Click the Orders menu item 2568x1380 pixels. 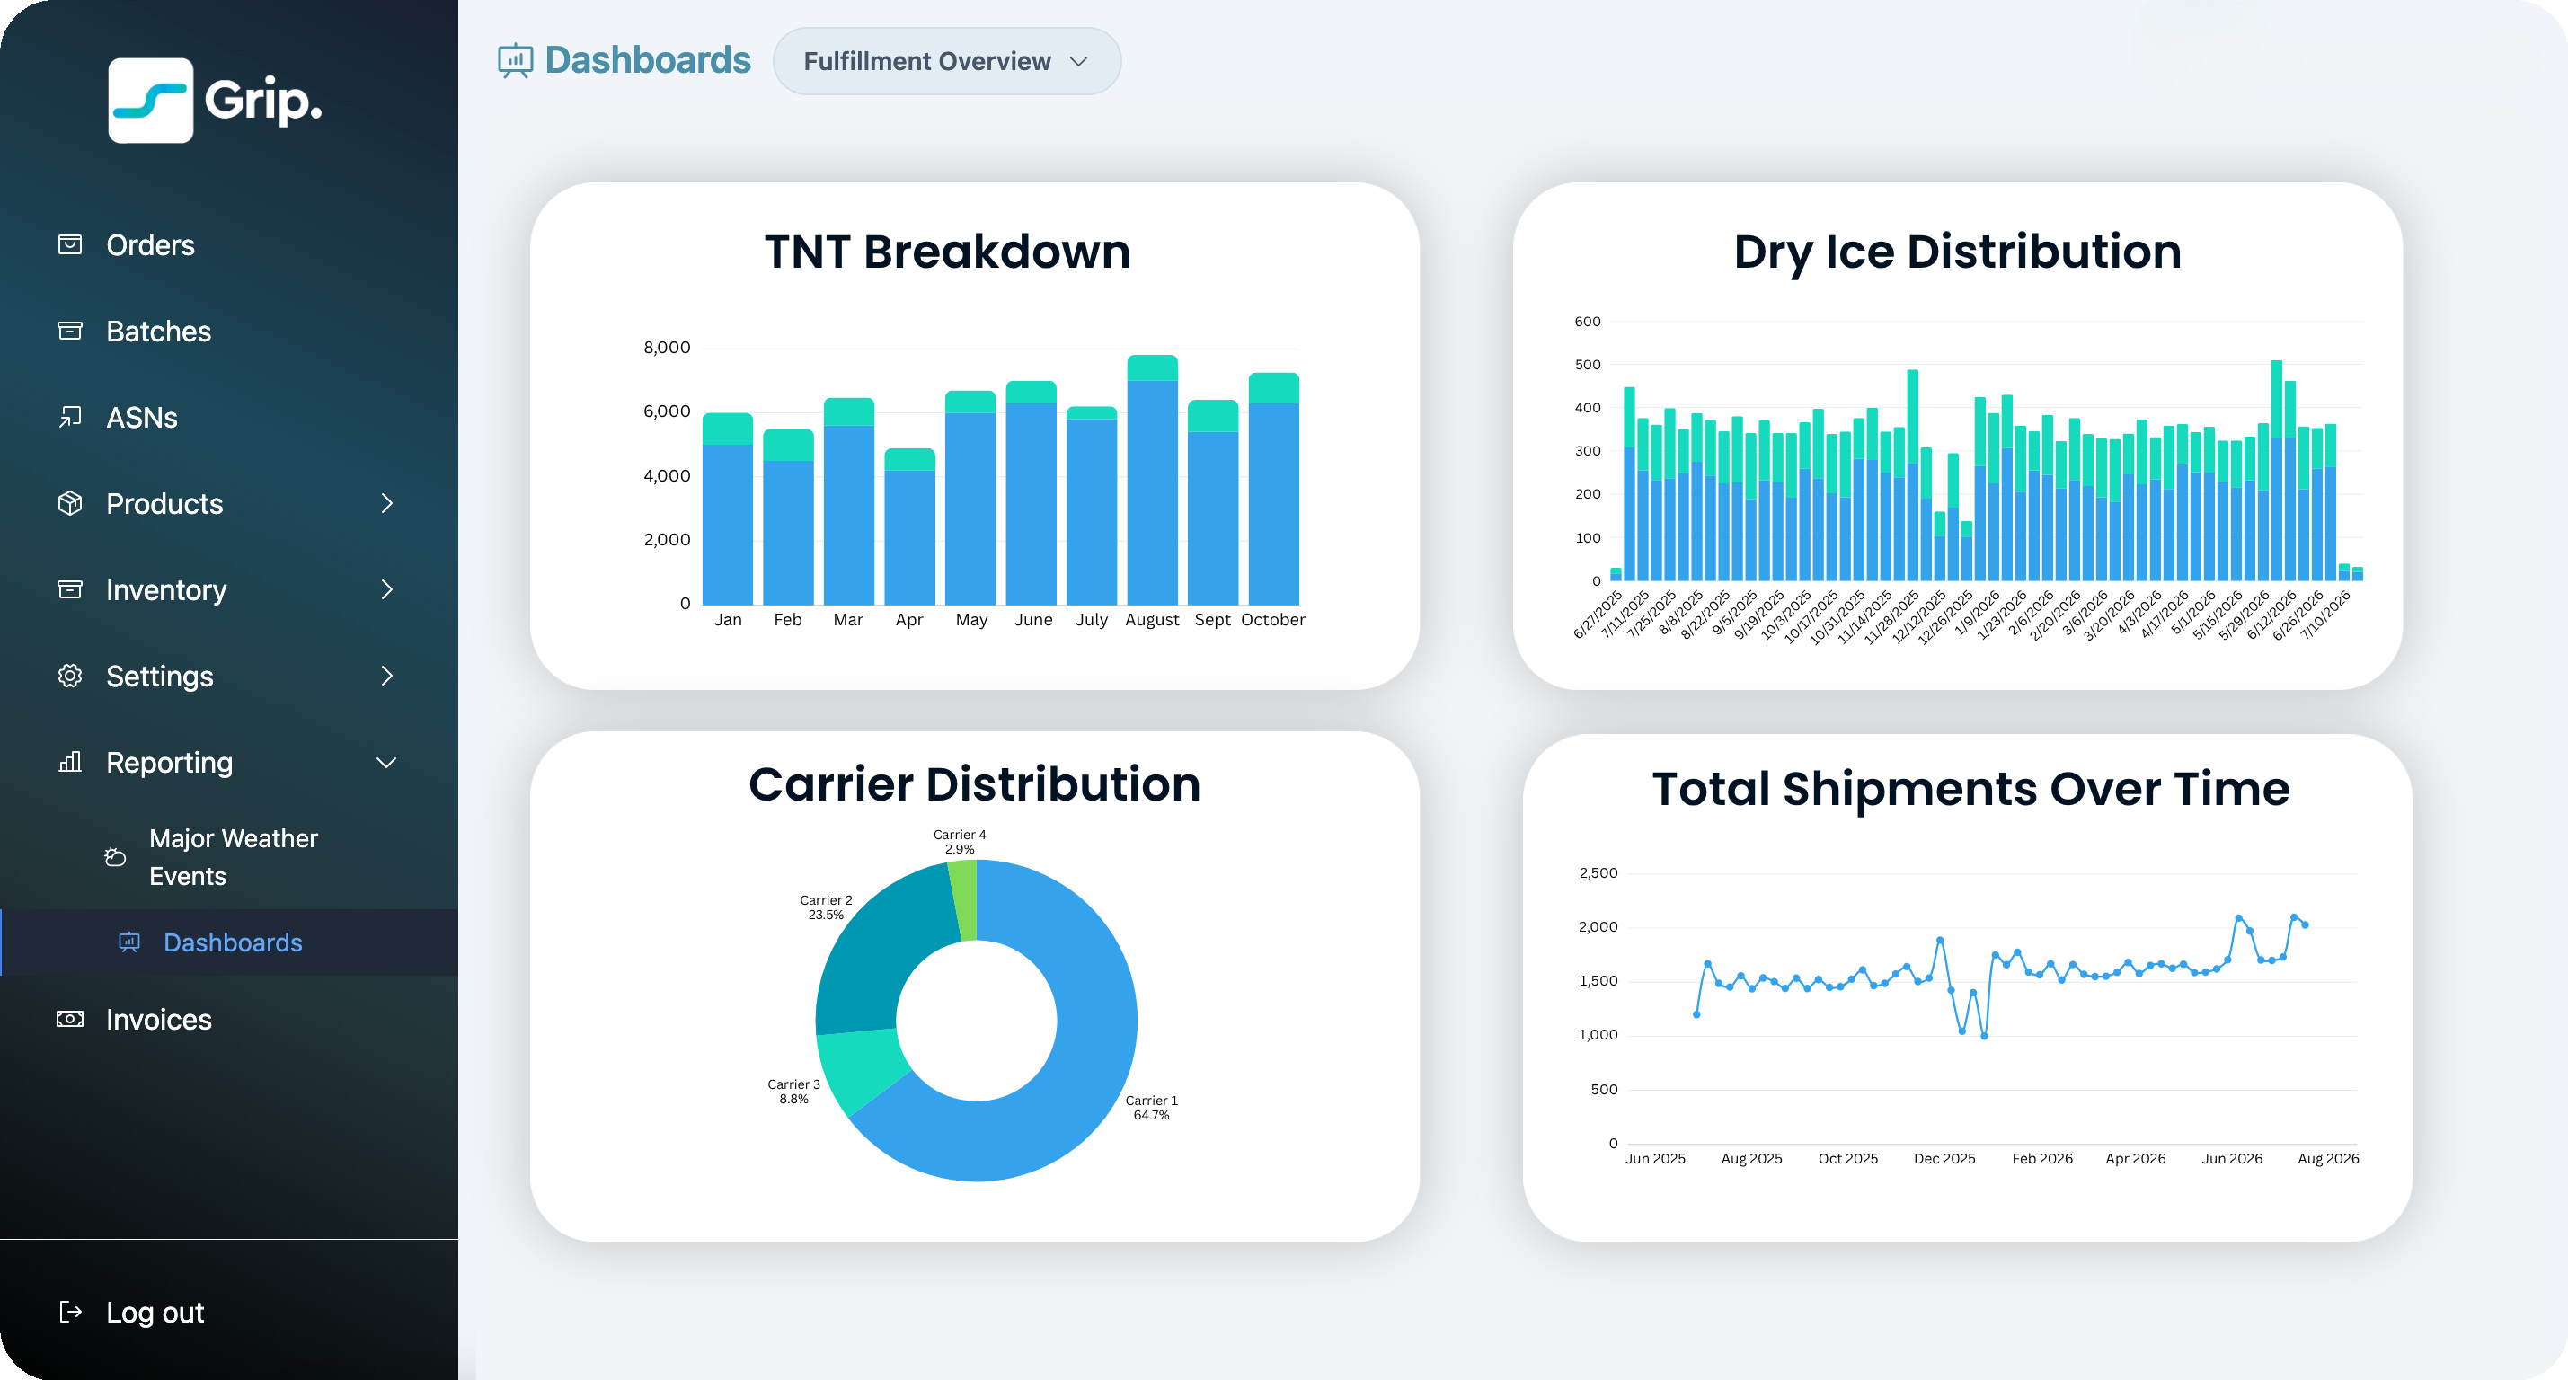pos(149,245)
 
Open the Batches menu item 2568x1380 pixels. pos(157,331)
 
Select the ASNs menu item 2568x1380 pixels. pos(142,418)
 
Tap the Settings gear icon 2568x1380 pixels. pos(70,676)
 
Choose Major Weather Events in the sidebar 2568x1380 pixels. pos(234,857)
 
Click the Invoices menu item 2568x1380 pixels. pos(158,1019)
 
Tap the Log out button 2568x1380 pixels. pos(155,1313)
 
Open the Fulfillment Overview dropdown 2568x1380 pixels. pos(947,61)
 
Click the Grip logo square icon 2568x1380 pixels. pos(151,101)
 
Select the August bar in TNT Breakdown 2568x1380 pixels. pos(1153,480)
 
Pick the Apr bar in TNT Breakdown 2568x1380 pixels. pos(909,526)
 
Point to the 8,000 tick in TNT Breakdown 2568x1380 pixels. pos(667,347)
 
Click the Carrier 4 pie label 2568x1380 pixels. pos(959,842)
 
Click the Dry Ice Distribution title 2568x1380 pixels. pos(1957,252)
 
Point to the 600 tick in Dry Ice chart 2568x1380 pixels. pos(1587,321)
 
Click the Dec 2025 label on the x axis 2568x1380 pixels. pos(1944,1159)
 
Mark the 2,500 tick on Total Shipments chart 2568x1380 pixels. pos(1598,872)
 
